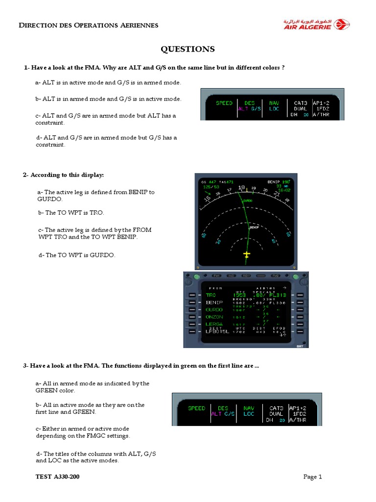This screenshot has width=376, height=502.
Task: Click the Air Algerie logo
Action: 315,24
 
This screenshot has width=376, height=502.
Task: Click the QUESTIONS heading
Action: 188,49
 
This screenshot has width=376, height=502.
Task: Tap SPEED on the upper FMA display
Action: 224,103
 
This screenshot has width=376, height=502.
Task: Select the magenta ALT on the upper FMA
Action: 243,109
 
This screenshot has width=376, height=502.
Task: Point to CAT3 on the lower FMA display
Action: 276,408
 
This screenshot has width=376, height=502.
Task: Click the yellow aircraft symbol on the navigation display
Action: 246,254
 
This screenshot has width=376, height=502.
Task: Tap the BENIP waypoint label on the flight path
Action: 254,227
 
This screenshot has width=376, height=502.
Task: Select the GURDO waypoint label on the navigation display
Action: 247,201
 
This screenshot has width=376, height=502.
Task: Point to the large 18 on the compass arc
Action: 241,188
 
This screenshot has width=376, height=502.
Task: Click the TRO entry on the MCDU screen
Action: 211,296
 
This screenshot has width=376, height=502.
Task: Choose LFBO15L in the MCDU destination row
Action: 217,332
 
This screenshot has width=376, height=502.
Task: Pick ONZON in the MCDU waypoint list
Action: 214,317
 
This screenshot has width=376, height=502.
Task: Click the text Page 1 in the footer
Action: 312,477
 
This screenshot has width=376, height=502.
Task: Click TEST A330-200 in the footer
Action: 57,477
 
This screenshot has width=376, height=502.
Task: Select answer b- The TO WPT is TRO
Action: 71,213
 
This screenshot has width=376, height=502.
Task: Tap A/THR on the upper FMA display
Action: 327,115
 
